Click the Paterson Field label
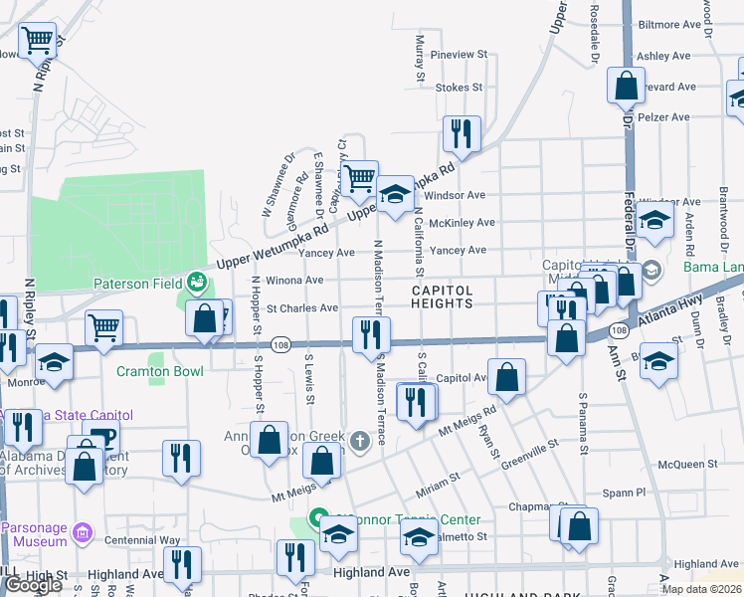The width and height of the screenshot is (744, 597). pyautogui.click(x=135, y=284)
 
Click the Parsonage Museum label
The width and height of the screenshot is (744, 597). pyautogui.click(x=36, y=534)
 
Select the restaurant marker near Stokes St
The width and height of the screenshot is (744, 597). pyautogui.click(x=462, y=132)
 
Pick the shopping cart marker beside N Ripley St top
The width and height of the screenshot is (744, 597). pyautogui.click(x=37, y=42)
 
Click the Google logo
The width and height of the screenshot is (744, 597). pyautogui.click(x=34, y=585)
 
